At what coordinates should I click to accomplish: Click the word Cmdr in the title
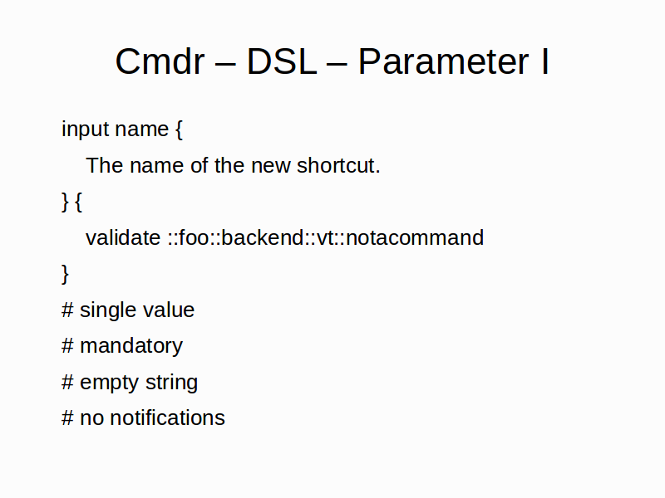[x=160, y=61]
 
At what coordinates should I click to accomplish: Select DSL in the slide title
[x=282, y=61]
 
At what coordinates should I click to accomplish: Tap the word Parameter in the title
[x=443, y=61]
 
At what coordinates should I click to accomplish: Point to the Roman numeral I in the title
[x=545, y=61]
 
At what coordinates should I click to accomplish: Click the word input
[x=86, y=129]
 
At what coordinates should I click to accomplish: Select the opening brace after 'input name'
[x=179, y=129]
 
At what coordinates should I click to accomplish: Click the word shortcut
[x=338, y=165]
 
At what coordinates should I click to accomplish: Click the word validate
[x=123, y=237]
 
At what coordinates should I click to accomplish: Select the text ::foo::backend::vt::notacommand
[x=325, y=237]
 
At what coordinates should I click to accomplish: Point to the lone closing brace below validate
[x=65, y=274]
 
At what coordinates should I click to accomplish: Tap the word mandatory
[x=131, y=346]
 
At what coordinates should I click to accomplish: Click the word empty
[x=110, y=383]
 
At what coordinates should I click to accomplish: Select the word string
[x=171, y=383]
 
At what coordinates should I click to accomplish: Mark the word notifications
[x=167, y=417]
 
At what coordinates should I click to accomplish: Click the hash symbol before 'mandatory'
[x=67, y=345]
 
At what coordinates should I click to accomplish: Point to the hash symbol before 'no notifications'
[x=67, y=417]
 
